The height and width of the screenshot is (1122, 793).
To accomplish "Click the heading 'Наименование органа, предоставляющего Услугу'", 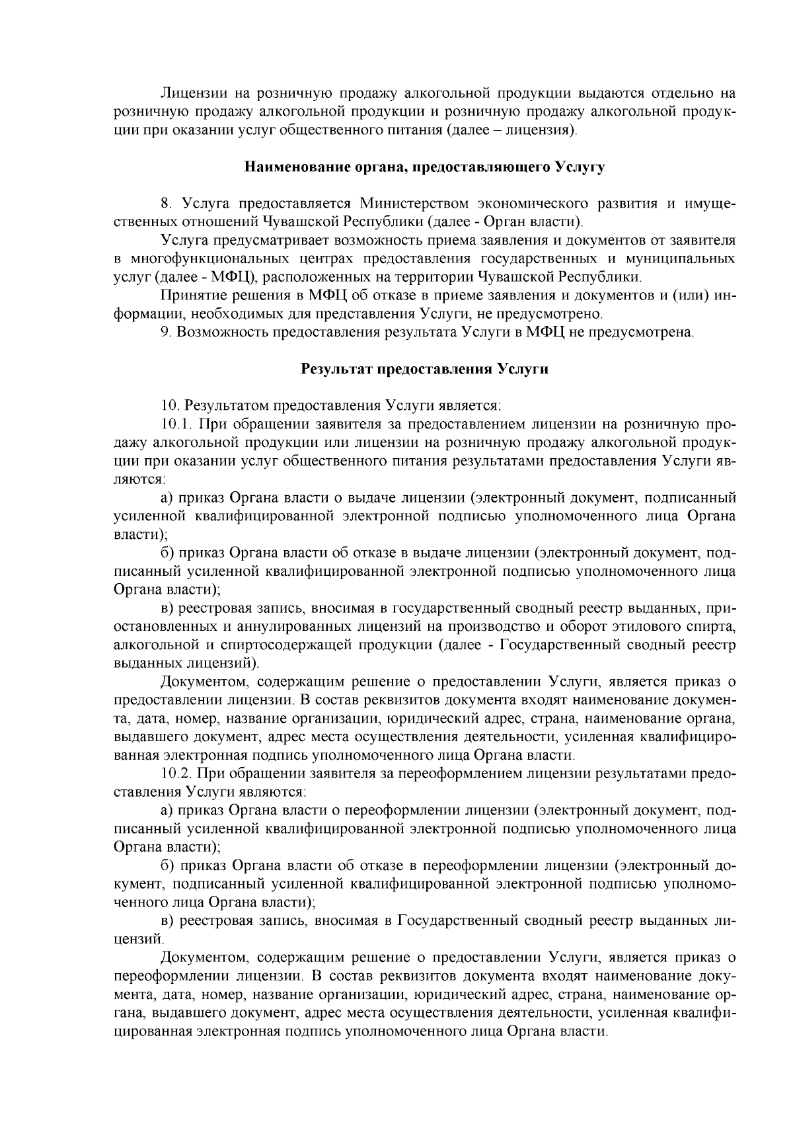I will (x=425, y=167).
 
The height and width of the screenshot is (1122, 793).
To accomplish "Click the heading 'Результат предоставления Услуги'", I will (x=425, y=369).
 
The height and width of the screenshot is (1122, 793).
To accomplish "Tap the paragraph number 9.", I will (x=167, y=331).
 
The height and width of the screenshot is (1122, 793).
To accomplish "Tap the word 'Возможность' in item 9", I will (x=220, y=331).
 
